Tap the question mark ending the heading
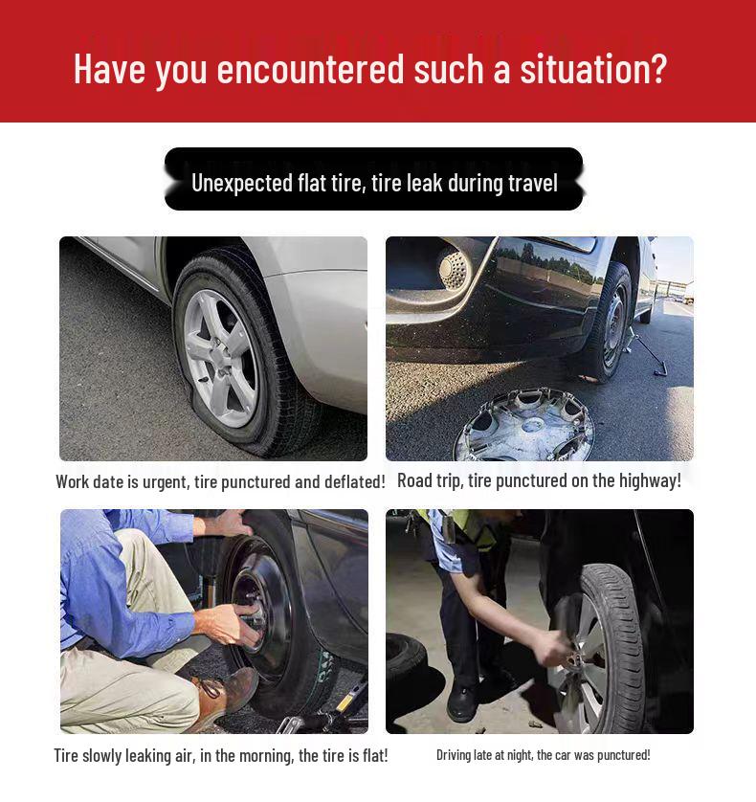pos(657,70)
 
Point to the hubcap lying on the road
pos(523,427)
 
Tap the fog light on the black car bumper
pos(452,269)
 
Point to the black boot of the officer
pos(462,702)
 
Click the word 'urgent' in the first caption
pos(165,481)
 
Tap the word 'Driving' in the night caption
pos(454,755)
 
